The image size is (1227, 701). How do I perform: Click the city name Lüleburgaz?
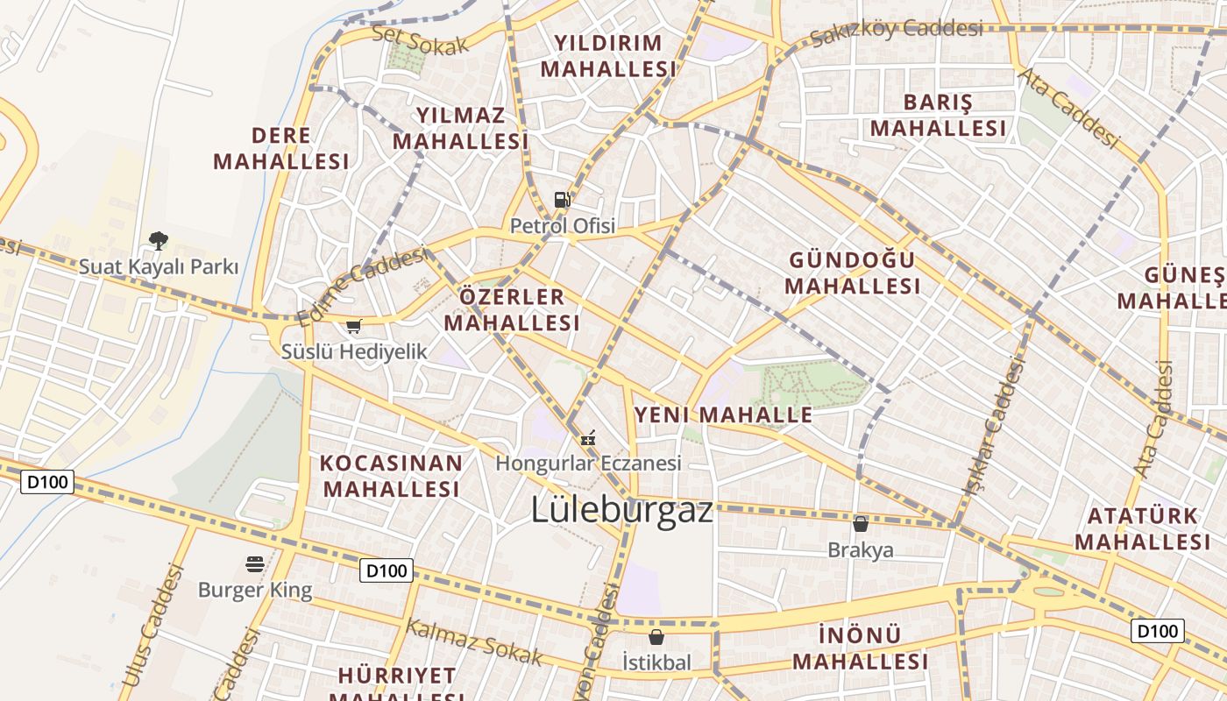[621, 510]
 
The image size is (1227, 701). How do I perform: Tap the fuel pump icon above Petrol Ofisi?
[563, 200]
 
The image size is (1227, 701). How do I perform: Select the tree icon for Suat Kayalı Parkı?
[159, 240]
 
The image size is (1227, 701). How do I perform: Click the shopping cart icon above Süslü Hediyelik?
[353, 327]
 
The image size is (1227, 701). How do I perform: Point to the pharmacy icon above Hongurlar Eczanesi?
[589, 436]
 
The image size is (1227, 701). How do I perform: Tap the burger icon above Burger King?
[255, 563]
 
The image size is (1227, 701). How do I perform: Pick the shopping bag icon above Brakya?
[861, 524]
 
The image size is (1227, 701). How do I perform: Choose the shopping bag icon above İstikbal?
[656, 637]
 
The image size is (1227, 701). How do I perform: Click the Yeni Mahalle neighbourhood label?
[723, 414]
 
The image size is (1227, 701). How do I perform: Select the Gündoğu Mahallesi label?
[852, 273]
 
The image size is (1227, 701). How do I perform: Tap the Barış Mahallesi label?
[938, 116]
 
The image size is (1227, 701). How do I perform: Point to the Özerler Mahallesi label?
[512, 309]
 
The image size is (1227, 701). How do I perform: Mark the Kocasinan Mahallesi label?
[391, 476]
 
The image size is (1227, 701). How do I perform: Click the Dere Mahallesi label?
[280, 148]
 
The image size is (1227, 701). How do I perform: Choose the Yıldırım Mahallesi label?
[608, 56]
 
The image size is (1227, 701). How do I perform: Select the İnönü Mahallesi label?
[860, 648]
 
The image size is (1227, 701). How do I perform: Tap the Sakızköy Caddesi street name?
[896, 32]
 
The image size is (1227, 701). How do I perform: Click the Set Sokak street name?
[421, 40]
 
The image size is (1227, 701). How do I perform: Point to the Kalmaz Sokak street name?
[474, 641]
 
